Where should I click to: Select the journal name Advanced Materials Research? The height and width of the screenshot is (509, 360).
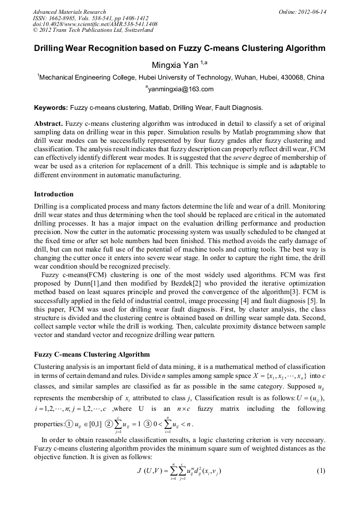[69, 12]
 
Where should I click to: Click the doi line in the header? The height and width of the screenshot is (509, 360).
[95, 24]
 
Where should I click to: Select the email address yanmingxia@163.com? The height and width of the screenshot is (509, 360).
[181, 89]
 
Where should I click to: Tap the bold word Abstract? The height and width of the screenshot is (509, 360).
[48, 124]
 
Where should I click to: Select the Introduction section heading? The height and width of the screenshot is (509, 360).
[54, 194]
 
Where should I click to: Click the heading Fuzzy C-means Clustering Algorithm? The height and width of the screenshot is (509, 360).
[91, 354]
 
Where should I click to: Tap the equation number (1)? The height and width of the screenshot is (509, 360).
[320, 471]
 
